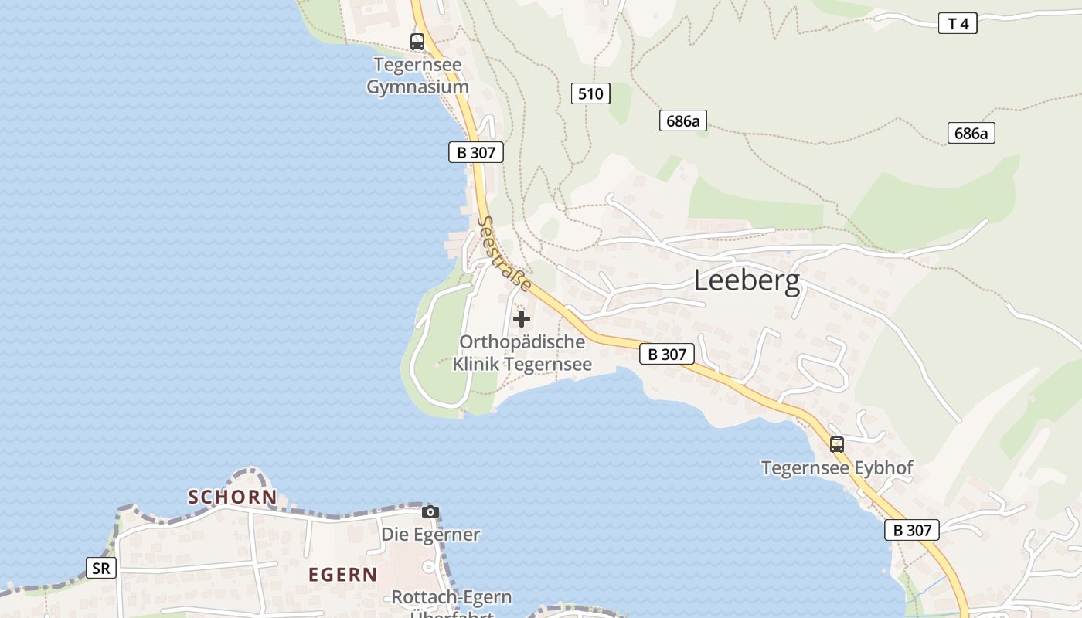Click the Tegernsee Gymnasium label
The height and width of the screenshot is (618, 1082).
417,76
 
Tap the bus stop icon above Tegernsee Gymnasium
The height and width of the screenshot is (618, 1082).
417,42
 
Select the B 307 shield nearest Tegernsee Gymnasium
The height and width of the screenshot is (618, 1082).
476,152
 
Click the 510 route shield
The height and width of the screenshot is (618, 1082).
590,94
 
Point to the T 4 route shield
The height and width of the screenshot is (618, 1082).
958,24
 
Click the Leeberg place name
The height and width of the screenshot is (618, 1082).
747,280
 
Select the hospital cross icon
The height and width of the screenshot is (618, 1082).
522,318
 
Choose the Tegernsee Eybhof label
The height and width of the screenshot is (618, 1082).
837,468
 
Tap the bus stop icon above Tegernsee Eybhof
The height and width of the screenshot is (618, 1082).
837,444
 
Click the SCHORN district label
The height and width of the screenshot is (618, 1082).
233,497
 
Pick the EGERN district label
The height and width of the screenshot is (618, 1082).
343,575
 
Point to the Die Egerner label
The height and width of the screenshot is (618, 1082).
430,535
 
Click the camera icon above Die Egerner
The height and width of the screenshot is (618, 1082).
430,511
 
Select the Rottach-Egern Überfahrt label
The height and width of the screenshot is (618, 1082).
451,606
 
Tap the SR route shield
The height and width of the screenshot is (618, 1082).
101,569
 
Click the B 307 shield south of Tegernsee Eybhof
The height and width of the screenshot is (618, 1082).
912,530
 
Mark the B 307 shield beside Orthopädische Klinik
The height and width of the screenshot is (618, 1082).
667,355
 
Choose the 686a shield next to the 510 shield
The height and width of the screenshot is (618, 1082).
683,121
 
